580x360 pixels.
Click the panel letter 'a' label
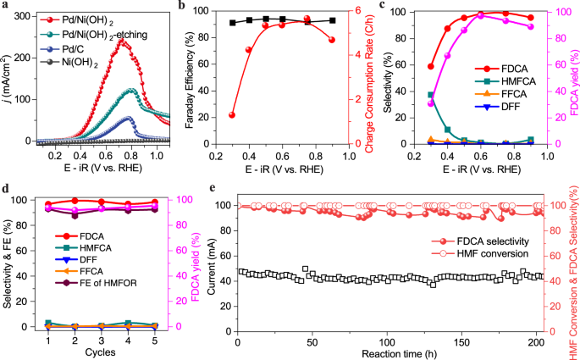pyautogui.click(x=7, y=7)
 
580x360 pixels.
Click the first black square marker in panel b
pyautogui.click(x=232, y=23)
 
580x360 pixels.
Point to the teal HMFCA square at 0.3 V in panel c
pyautogui.click(x=431, y=95)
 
